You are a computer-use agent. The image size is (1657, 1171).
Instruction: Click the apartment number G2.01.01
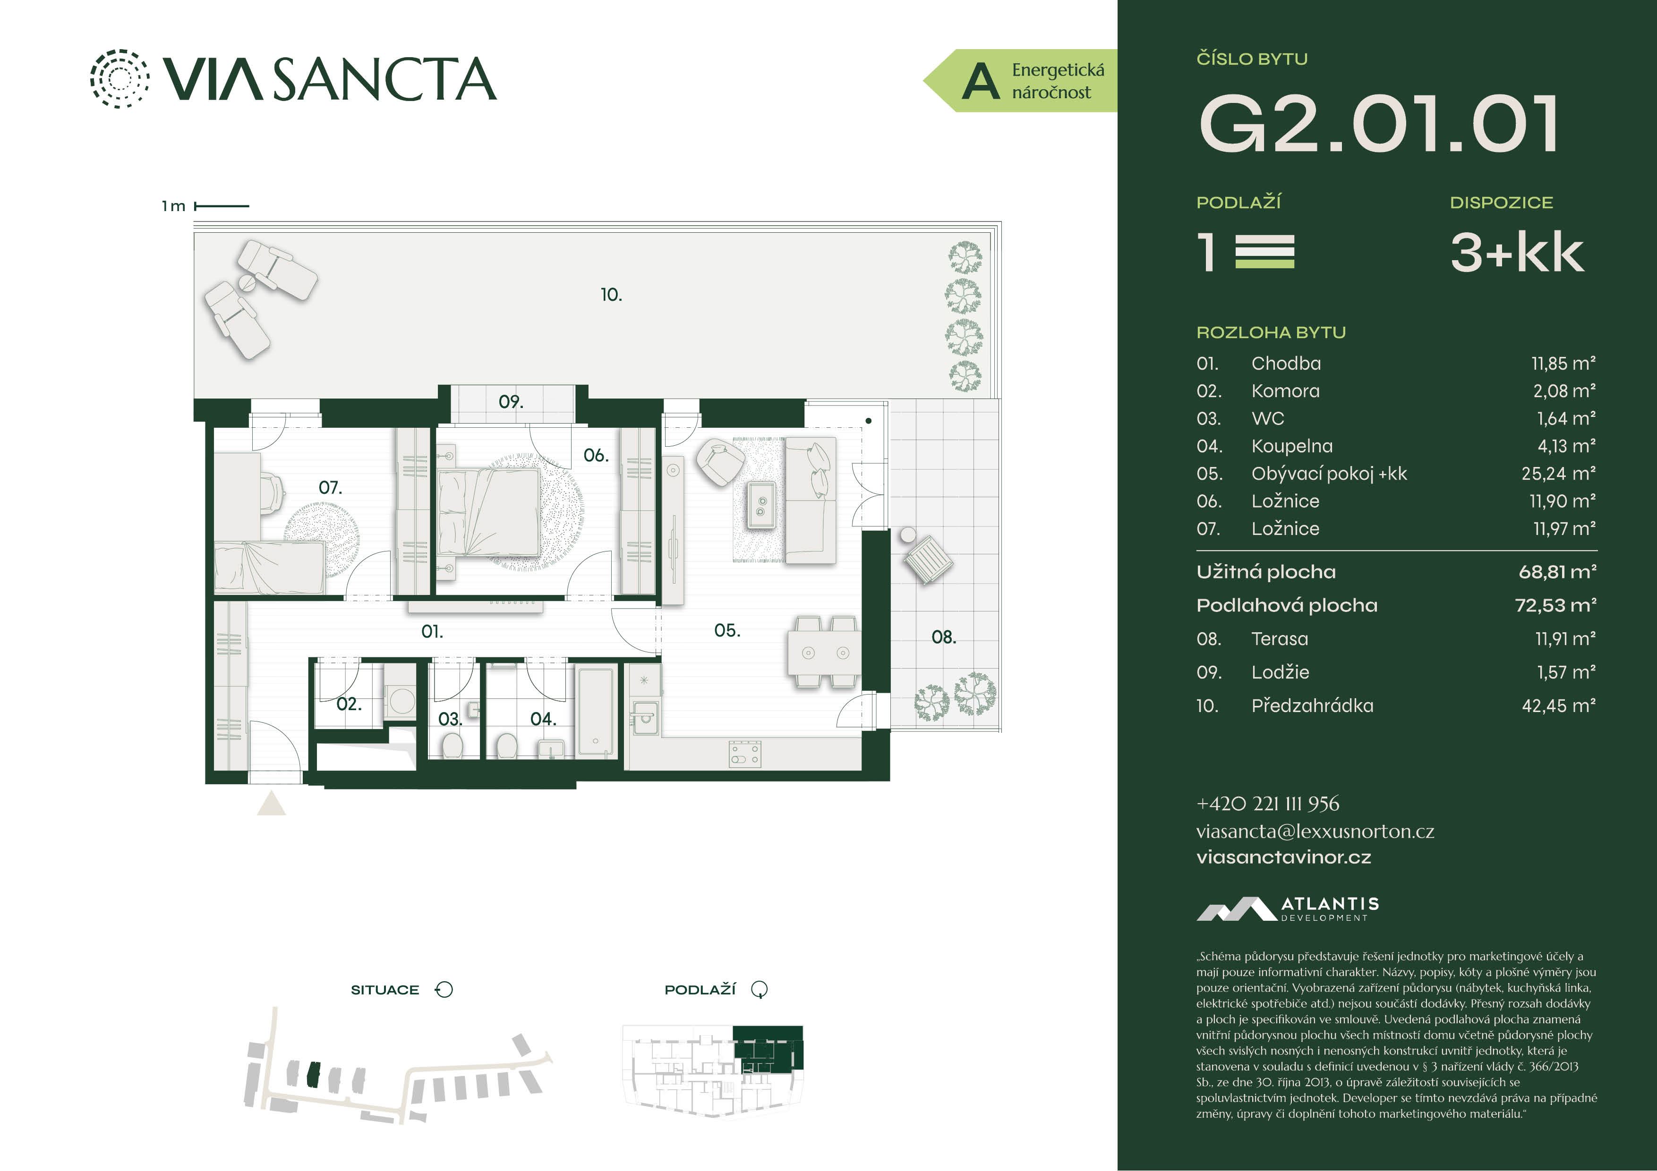1378,124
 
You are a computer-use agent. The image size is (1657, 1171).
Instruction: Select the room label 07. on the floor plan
331,488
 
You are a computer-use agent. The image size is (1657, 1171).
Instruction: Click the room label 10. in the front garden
611,294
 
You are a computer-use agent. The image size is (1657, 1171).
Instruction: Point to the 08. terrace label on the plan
943,637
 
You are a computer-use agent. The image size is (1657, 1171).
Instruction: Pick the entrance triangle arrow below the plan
271,803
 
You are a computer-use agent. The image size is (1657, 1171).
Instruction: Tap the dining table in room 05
823,652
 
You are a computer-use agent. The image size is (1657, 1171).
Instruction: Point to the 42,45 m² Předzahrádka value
1559,705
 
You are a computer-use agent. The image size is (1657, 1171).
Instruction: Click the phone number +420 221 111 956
1267,803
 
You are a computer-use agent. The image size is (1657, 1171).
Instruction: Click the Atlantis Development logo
1288,908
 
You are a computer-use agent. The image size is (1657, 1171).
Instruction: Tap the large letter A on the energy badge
981,81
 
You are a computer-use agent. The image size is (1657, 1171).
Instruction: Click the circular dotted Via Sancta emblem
120,79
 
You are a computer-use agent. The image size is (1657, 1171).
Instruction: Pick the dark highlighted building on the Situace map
313,1074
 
